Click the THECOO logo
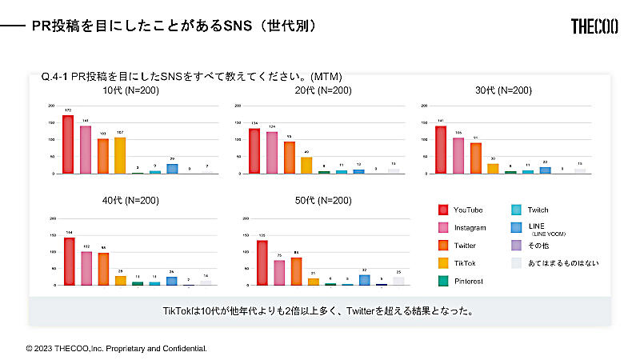[594, 26]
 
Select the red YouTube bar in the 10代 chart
[68, 145]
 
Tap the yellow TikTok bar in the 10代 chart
[120, 155]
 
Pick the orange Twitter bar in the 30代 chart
[476, 158]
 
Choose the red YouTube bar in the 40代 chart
[69, 262]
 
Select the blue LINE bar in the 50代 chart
[365, 280]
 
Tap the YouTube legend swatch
[442, 210]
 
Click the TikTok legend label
[464, 263]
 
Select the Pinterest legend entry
[469, 281]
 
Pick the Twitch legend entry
[538, 210]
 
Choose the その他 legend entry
[539, 245]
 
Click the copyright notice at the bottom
[117, 349]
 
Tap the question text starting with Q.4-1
[191, 77]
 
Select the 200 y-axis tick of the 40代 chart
[52, 218]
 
